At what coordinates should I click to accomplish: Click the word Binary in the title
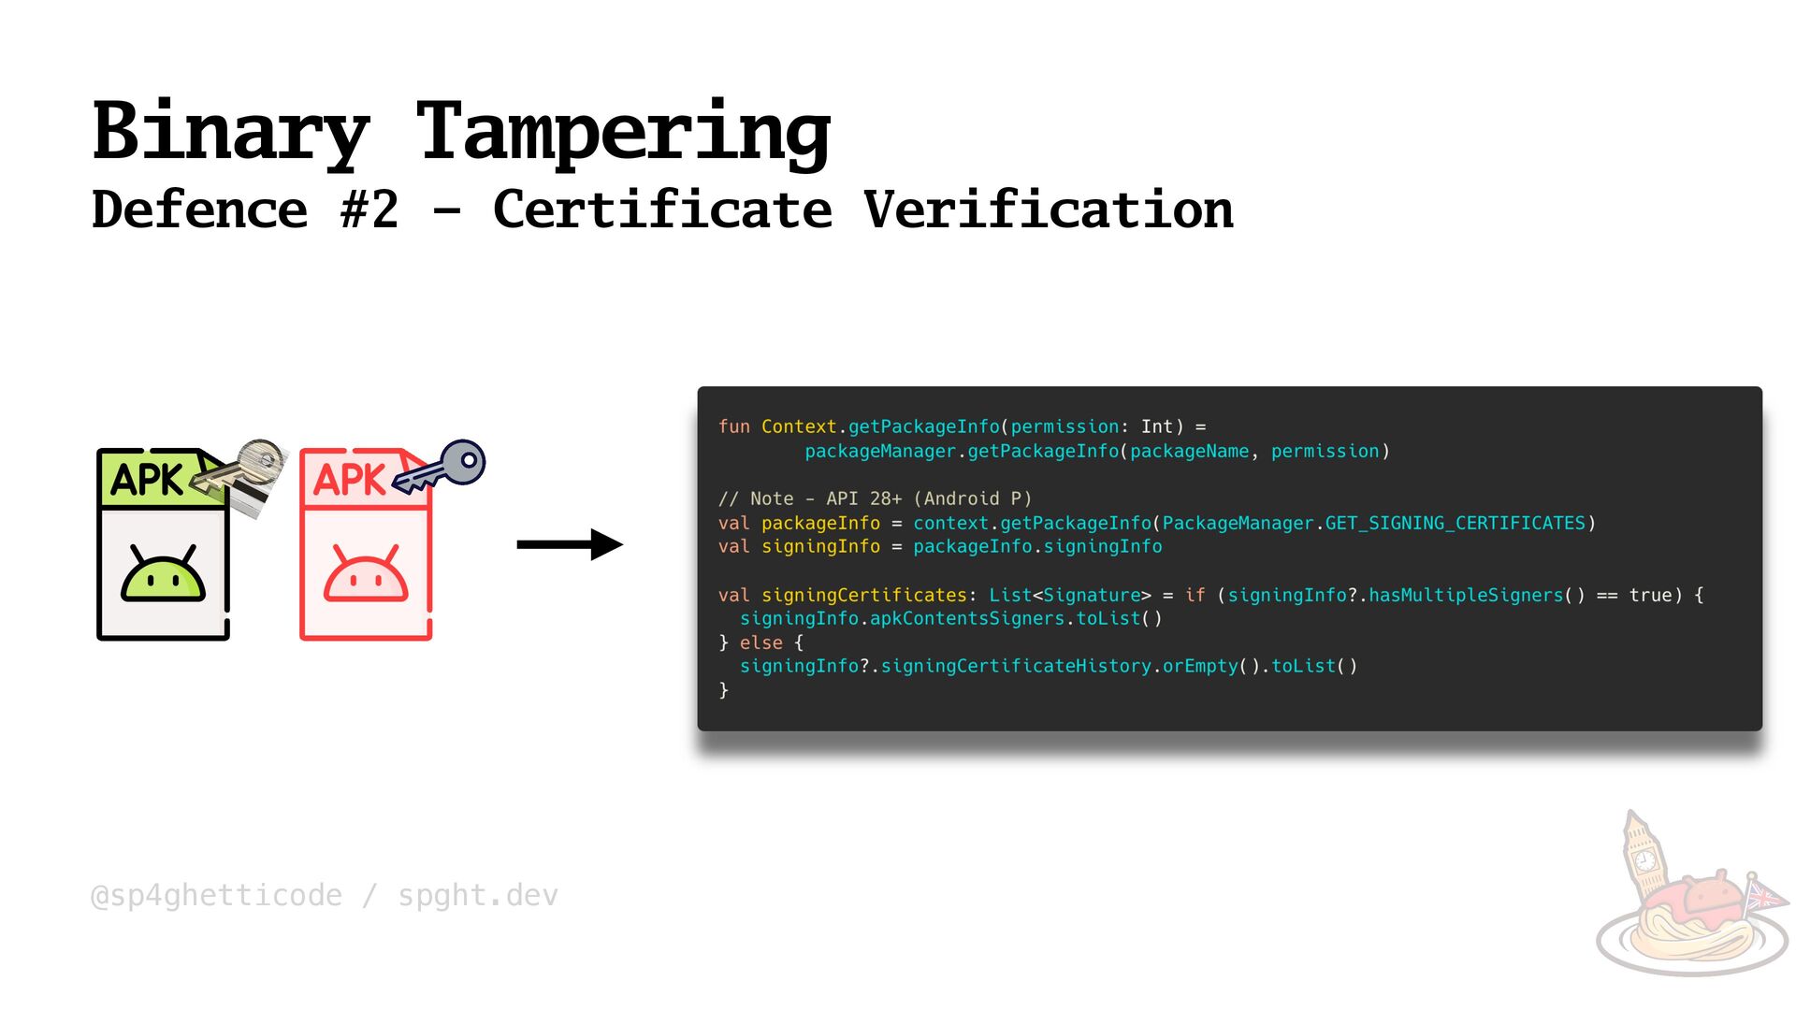click(x=231, y=132)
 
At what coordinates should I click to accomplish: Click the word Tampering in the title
click(x=623, y=132)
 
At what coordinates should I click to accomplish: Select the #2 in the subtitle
click(x=369, y=209)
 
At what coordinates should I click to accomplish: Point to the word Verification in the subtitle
click(x=1048, y=209)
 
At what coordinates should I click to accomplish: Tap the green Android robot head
click(x=163, y=574)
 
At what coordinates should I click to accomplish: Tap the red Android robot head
click(x=366, y=574)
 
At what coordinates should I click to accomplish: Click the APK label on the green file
click(x=147, y=480)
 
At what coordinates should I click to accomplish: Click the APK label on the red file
click(x=349, y=480)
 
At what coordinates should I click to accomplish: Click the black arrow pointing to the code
click(x=569, y=544)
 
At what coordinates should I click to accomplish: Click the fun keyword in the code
click(x=733, y=426)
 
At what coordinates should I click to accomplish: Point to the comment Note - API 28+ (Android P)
click(x=875, y=498)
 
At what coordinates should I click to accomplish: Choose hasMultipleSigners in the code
click(x=1466, y=595)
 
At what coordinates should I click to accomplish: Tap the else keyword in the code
click(x=760, y=642)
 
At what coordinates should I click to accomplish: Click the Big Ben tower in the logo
click(x=1641, y=856)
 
